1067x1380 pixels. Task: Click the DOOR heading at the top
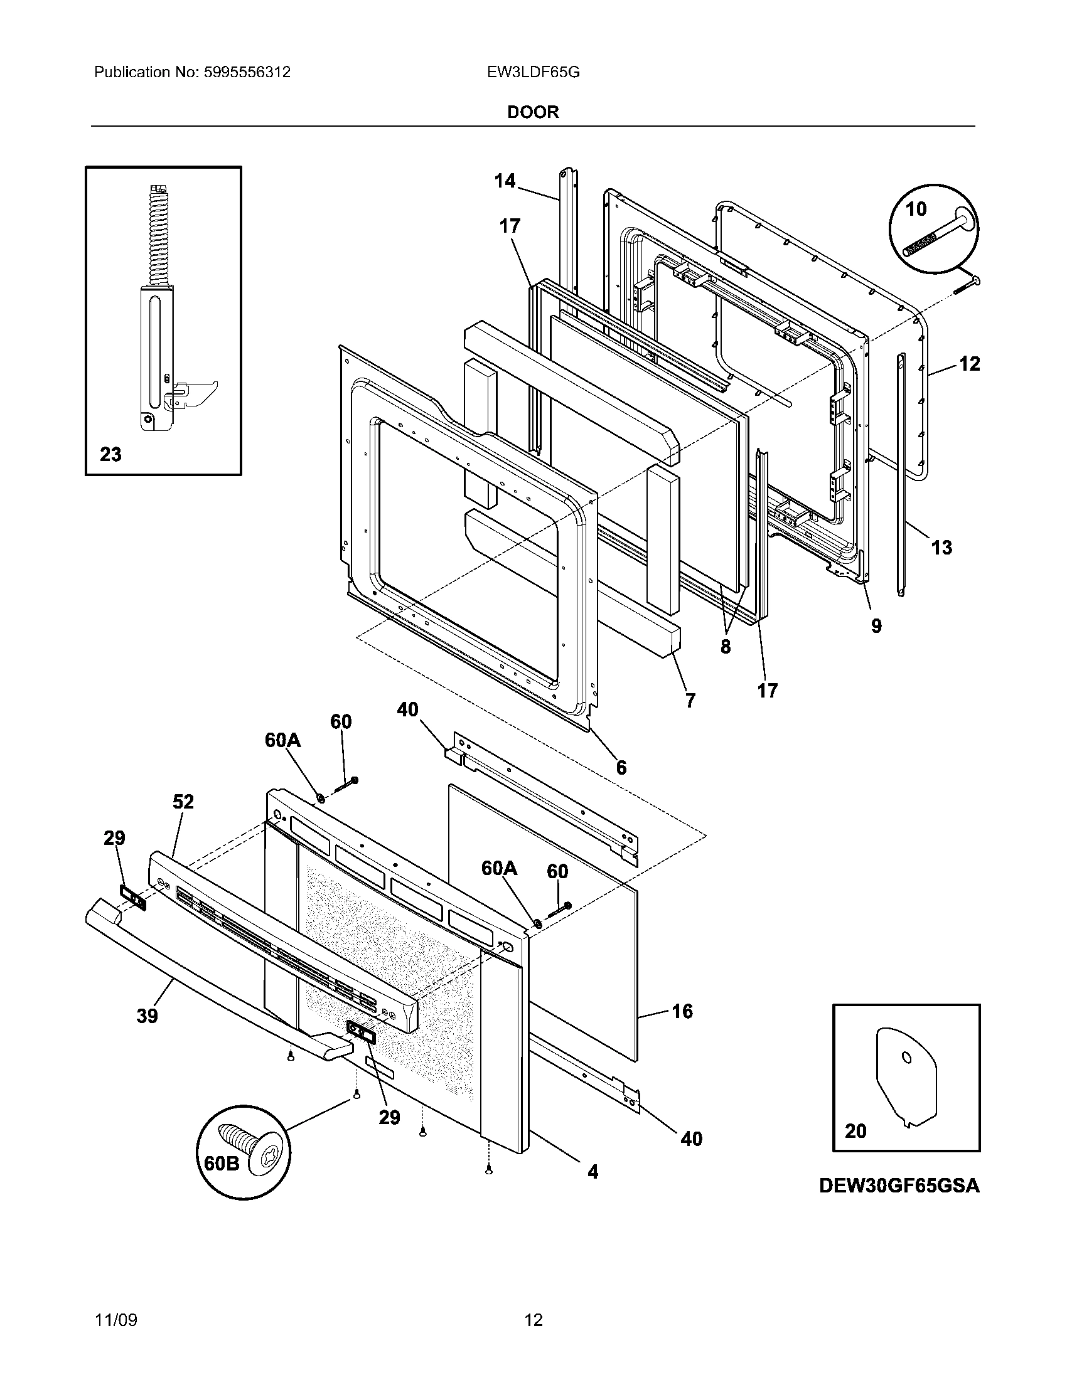pyautogui.click(x=533, y=112)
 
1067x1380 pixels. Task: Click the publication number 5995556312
pyautogui.click(x=247, y=73)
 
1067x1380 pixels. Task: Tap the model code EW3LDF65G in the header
pyautogui.click(x=533, y=73)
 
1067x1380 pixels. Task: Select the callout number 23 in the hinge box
pyautogui.click(x=110, y=454)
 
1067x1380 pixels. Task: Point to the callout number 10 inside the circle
pyautogui.click(x=916, y=209)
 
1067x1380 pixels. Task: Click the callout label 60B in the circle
pyautogui.click(x=222, y=1163)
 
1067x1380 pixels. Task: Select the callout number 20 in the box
pyautogui.click(x=855, y=1131)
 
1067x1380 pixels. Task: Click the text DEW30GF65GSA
pyautogui.click(x=899, y=1186)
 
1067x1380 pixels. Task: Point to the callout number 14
pyautogui.click(x=505, y=181)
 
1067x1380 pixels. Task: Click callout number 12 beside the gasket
pyautogui.click(x=969, y=364)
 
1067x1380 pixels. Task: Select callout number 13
pyautogui.click(x=941, y=547)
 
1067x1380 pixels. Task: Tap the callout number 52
pyautogui.click(x=183, y=802)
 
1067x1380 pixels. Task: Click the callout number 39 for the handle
pyautogui.click(x=147, y=1016)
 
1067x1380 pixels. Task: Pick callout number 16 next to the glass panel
pyautogui.click(x=682, y=1012)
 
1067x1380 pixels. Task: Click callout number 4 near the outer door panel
pyautogui.click(x=592, y=1172)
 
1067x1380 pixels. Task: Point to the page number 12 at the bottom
pyautogui.click(x=533, y=1320)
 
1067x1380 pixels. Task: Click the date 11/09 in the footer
pyautogui.click(x=115, y=1320)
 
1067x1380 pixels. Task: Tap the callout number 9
pyautogui.click(x=876, y=625)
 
